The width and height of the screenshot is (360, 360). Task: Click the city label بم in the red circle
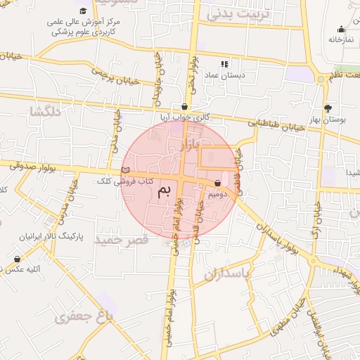165,191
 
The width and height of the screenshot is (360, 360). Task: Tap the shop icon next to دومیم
217,184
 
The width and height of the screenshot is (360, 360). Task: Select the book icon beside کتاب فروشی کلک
126,170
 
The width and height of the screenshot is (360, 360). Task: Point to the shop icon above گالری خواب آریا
184,108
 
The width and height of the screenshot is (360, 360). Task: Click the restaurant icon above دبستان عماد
224,63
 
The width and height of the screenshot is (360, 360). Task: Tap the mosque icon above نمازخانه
341,29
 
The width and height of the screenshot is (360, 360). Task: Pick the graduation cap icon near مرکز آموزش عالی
84,11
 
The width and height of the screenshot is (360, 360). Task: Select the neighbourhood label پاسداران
228,274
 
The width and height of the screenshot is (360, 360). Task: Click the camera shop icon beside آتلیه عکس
17,259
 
